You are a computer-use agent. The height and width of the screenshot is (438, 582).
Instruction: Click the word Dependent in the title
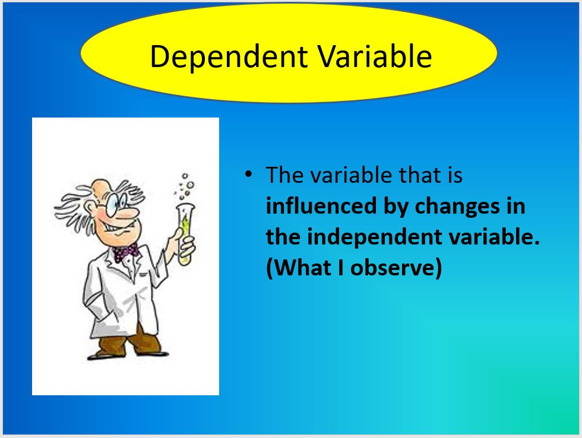point(229,57)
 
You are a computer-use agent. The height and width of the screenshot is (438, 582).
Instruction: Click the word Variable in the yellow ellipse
point(374,57)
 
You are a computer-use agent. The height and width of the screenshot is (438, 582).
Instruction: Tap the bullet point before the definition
point(249,174)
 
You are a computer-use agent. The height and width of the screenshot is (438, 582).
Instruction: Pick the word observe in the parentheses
point(396,268)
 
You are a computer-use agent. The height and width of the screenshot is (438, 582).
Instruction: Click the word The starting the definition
point(285,175)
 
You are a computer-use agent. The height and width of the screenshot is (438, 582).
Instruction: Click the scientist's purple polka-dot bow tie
point(125,252)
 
